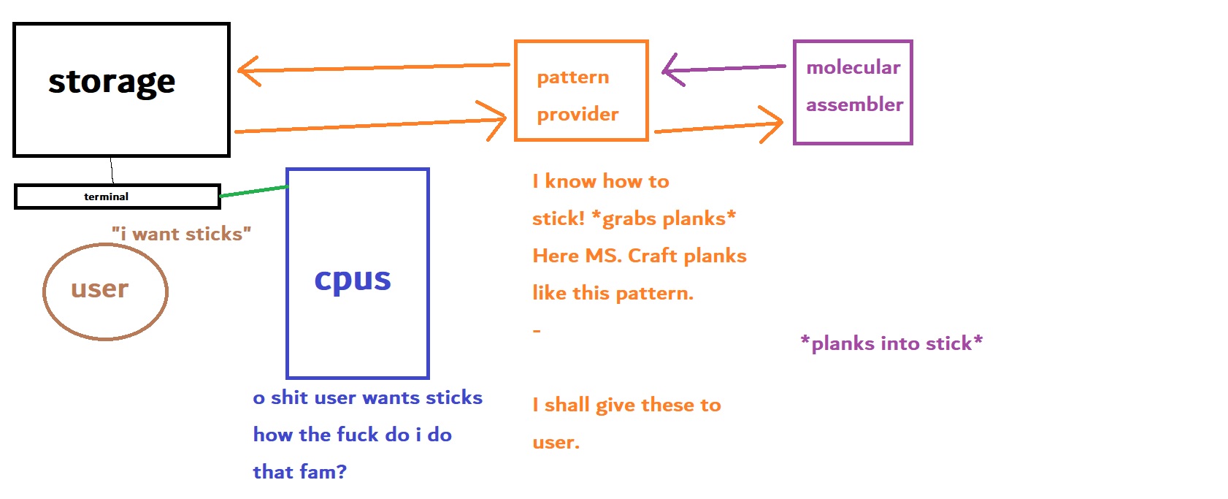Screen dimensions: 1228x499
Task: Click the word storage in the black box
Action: click(x=112, y=83)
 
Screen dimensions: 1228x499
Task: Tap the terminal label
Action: click(x=106, y=197)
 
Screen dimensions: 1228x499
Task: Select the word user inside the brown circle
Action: click(x=100, y=289)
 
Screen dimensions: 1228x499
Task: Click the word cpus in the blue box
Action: click(x=353, y=281)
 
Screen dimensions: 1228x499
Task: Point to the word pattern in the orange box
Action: click(x=573, y=78)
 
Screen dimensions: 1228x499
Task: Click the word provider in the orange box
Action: click(x=577, y=115)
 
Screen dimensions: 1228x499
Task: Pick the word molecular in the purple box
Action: click(x=853, y=67)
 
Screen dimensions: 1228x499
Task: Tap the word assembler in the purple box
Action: click(x=854, y=104)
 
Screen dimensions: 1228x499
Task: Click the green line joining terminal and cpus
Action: click(x=254, y=191)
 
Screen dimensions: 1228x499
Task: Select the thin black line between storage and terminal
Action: click(x=112, y=170)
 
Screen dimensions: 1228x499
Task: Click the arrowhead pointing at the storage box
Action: click(x=247, y=71)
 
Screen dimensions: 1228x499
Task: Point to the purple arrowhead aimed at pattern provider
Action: click(x=672, y=70)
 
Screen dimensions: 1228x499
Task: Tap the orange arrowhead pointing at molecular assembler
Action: click(x=772, y=124)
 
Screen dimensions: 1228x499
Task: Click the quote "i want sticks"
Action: click(x=182, y=234)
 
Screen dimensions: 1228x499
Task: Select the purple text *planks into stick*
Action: click(x=891, y=343)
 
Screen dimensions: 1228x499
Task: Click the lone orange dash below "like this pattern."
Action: click(x=537, y=331)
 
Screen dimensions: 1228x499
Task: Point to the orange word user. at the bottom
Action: click(x=556, y=443)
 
